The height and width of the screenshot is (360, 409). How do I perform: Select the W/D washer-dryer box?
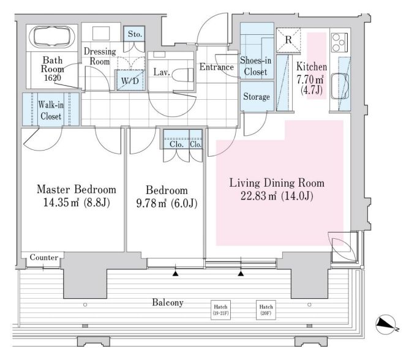(x=129, y=80)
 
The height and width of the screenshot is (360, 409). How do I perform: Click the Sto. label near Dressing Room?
(x=135, y=34)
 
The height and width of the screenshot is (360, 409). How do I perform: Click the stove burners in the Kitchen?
(x=339, y=43)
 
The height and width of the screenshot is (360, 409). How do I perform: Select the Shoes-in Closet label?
(x=255, y=66)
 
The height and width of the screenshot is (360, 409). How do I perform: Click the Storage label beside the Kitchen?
(x=256, y=97)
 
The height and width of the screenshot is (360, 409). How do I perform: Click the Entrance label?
(x=217, y=67)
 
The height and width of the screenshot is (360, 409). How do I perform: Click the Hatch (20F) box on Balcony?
(x=266, y=310)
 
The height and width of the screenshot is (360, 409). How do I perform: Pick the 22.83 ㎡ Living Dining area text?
(x=276, y=197)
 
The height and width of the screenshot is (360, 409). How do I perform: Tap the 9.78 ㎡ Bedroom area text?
(x=162, y=203)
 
